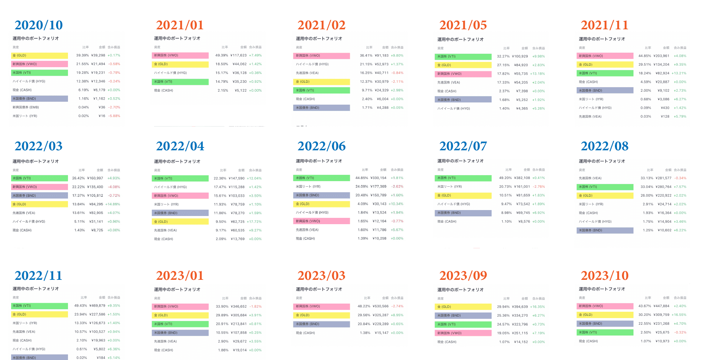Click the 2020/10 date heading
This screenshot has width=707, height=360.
[x=39, y=25]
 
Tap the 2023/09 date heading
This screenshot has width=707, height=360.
[x=463, y=276]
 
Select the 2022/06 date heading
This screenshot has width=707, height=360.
[x=322, y=146]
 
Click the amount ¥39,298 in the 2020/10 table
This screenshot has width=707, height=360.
[x=98, y=55]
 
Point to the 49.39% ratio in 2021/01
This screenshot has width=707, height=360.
[x=222, y=55]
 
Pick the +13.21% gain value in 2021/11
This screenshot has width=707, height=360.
[x=679, y=73]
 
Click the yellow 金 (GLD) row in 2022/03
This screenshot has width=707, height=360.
[x=39, y=204]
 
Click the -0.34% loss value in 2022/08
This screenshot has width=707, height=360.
[x=680, y=178]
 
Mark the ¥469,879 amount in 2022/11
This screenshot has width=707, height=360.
[x=97, y=306]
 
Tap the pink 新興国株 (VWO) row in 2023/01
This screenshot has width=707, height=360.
[x=181, y=307]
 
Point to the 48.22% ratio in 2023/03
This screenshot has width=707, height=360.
[x=364, y=306]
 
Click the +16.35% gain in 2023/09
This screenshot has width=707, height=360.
[x=537, y=307]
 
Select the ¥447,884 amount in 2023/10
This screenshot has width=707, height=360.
[x=661, y=306]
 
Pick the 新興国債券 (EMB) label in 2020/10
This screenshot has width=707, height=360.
[x=26, y=107]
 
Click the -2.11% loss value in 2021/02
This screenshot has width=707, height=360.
[x=397, y=82]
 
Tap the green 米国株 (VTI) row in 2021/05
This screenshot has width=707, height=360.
[x=463, y=56]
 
